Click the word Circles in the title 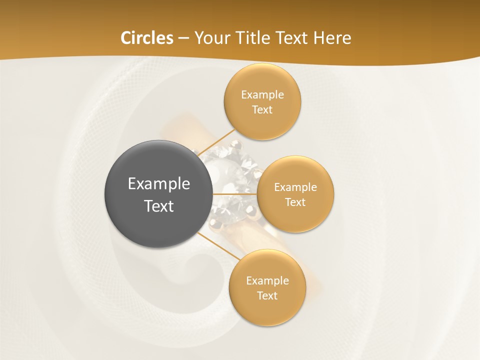(x=146, y=38)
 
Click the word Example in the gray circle (x=158, y=184)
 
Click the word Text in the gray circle (x=158, y=206)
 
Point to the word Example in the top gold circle (x=262, y=95)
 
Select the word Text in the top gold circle (x=262, y=110)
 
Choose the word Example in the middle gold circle (x=295, y=187)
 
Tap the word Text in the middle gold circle (x=295, y=202)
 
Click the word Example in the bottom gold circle (x=267, y=281)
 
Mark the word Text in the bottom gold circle (x=267, y=296)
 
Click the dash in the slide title (x=183, y=38)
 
